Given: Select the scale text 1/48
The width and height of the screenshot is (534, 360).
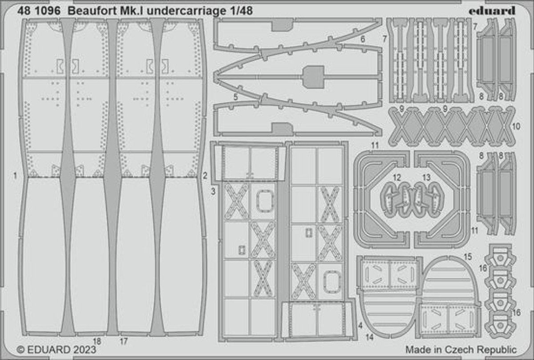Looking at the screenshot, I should [x=242, y=12].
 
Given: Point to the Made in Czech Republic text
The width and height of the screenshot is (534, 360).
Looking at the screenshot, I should [x=461, y=349].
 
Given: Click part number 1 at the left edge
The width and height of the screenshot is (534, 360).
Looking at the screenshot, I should [x=15, y=176].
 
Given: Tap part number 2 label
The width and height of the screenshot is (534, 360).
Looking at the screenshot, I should [x=205, y=176].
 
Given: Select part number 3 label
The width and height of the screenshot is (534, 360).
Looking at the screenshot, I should [x=213, y=191].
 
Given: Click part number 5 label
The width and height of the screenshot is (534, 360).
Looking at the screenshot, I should [x=235, y=95].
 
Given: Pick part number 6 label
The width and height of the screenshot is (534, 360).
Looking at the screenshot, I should [x=363, y=40].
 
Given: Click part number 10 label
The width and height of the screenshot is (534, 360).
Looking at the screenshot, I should [x=516, y=126].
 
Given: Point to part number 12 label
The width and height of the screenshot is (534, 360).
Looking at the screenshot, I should [x=396, y=178].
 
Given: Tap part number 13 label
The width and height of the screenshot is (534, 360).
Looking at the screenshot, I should [x=426, y=178].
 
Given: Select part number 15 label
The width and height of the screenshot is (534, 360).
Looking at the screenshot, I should [x=467, y=257].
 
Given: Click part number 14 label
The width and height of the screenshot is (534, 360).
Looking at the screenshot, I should [x=369, y=337].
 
